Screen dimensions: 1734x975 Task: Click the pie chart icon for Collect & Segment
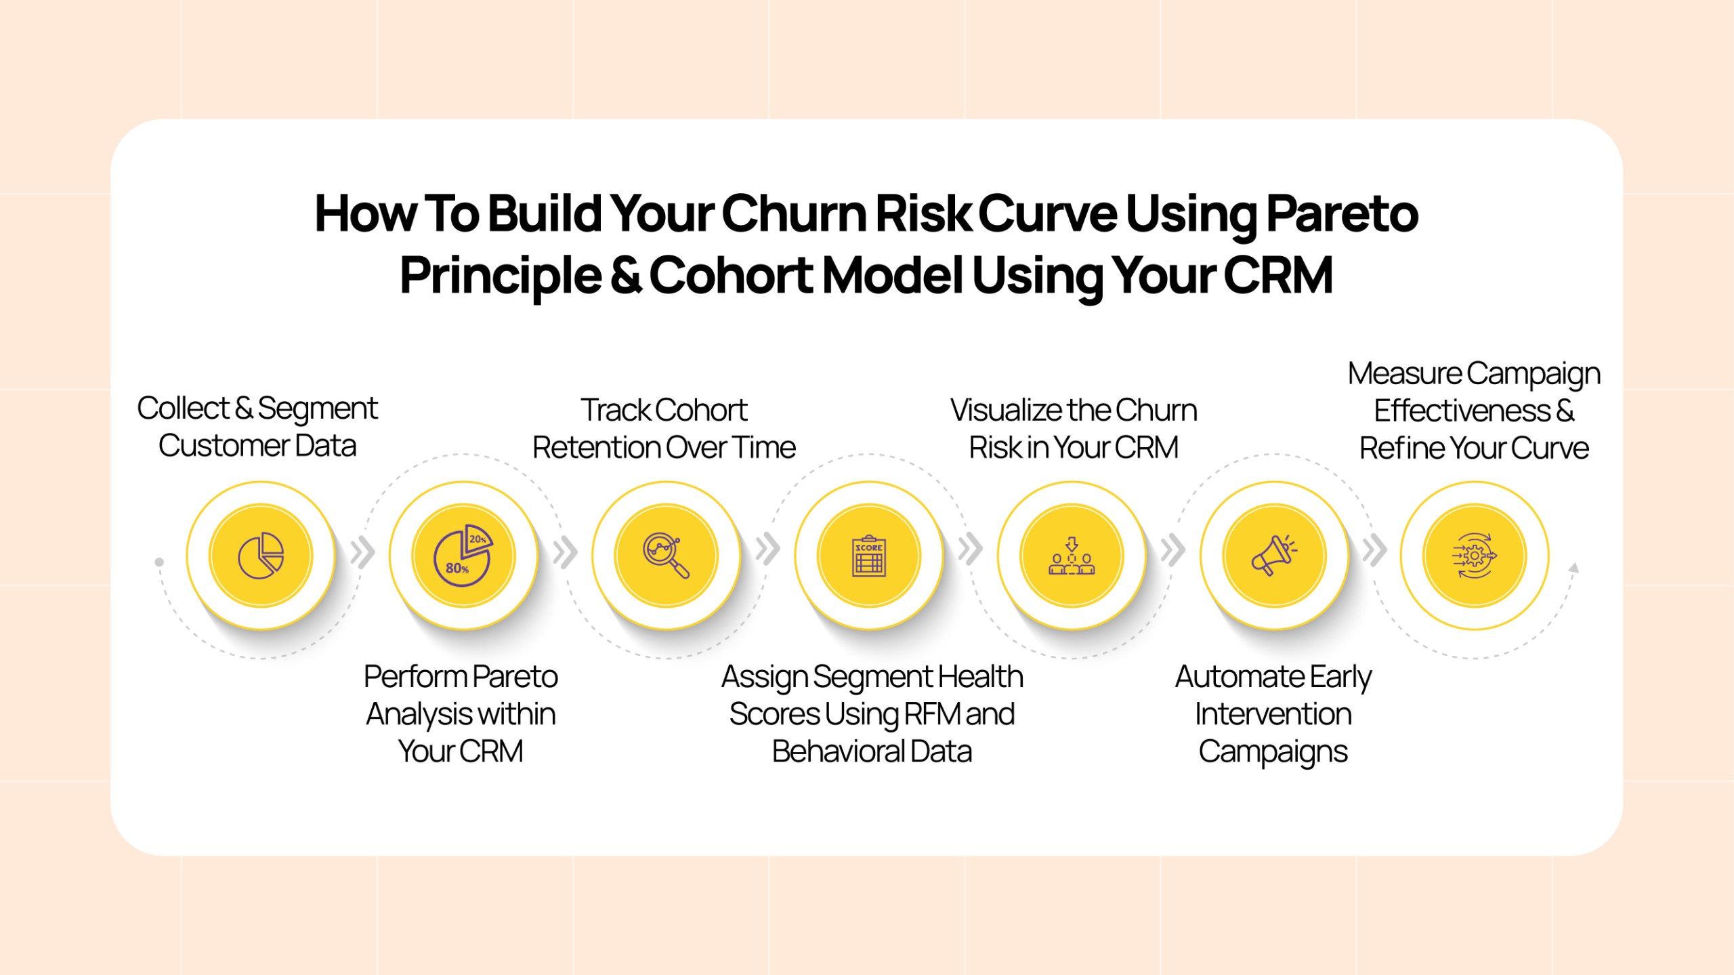point(261,556)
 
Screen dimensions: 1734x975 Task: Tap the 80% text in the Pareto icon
point(457,568)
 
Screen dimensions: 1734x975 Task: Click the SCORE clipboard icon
point(869,556)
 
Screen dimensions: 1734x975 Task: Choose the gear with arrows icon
point(1474,556)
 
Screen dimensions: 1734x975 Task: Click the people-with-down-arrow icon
point(1072,556)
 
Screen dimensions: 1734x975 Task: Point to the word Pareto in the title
point(1342,213)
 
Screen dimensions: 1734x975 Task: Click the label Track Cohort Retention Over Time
point(664,428)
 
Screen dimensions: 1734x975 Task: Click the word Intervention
point(1273,713)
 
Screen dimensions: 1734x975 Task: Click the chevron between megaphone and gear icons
point(1375,550)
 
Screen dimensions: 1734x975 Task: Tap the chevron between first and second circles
point(363,552)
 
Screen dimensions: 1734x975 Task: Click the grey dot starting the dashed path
point(159,562)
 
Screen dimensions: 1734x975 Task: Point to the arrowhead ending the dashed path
point(1574,568)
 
